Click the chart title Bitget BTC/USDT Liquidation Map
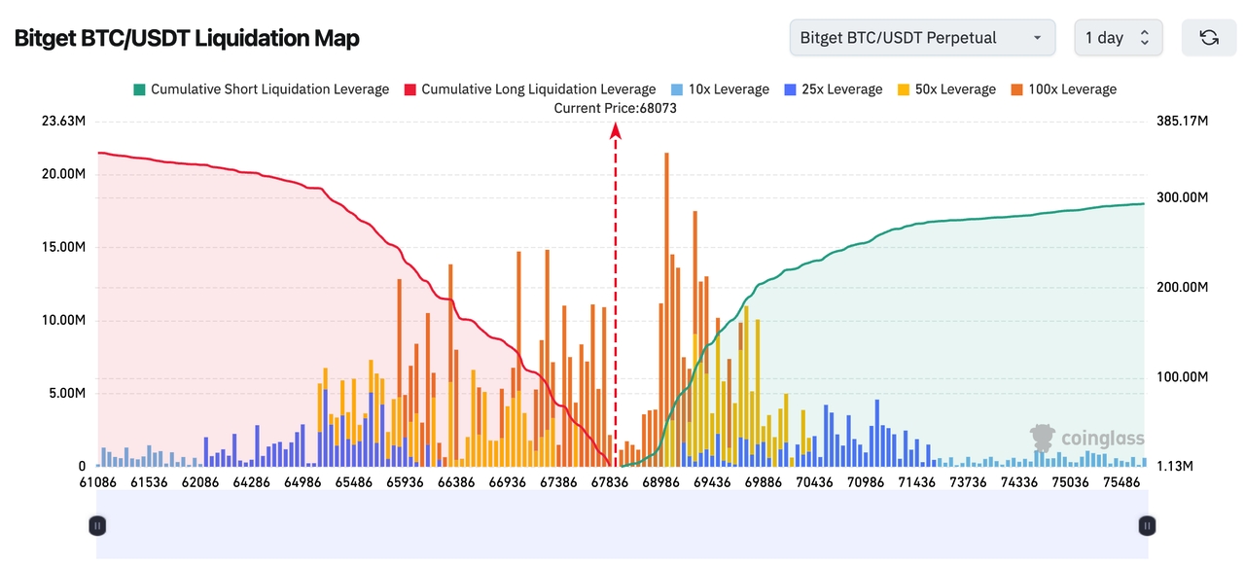187,38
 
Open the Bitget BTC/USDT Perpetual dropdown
922,38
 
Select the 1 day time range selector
1118,38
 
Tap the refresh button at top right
1209,38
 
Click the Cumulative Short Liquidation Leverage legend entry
261,89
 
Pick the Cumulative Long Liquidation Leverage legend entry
530,89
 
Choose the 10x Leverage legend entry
720,89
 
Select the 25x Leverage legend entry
834,89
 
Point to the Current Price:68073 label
615,108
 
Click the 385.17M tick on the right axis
1182,122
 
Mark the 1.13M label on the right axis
1175,467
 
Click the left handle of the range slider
97,526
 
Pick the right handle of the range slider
1148,526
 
